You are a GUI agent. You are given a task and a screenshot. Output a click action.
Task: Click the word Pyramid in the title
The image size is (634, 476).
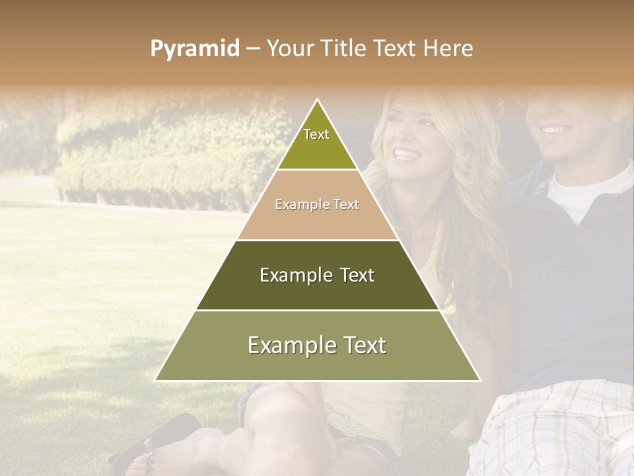194,49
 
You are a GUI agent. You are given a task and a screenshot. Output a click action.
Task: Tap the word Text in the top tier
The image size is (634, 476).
316,134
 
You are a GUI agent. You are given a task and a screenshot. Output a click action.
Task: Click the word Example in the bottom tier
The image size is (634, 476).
285,345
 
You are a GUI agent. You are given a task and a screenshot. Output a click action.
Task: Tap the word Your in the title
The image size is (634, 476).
289,48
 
